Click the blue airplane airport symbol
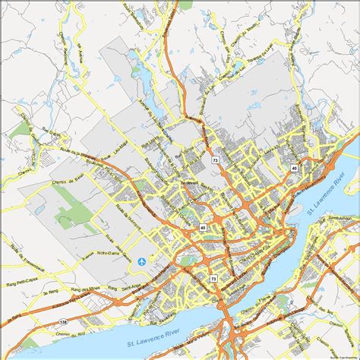tap(142, 262)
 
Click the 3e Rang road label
tap(51, 292)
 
